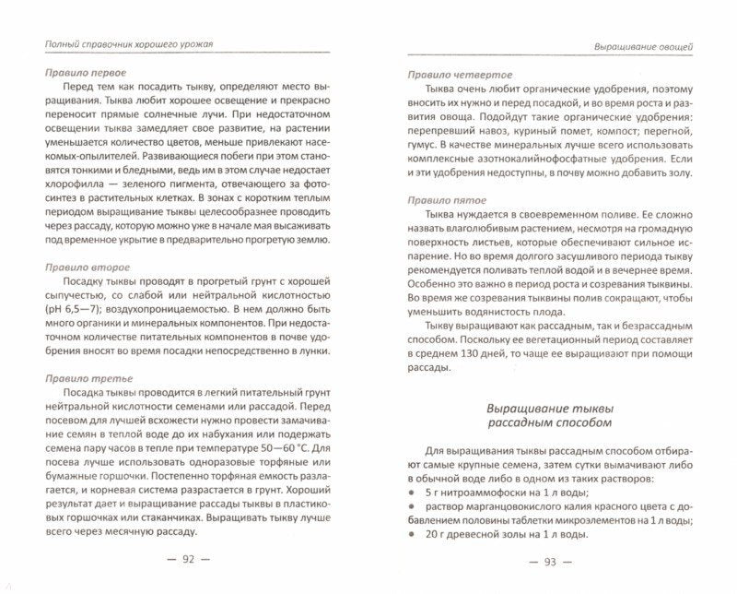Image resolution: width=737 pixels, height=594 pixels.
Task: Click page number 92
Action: click(190, 559)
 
